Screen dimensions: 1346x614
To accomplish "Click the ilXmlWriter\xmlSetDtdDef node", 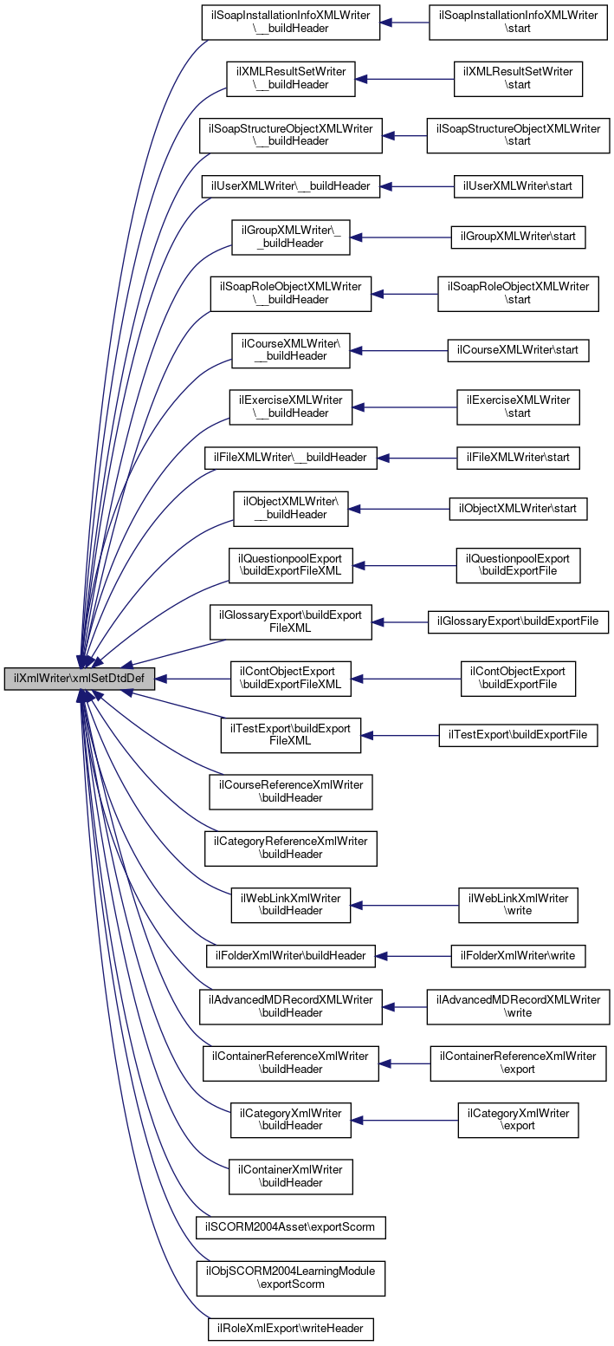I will [80, 679].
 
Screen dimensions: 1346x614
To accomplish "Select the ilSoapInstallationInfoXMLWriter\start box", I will [518, 22].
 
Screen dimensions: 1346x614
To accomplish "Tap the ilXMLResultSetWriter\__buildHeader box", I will [290, 78].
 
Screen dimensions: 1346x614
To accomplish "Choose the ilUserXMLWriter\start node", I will [518, 185].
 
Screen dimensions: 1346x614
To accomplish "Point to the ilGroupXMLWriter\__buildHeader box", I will [290, 237].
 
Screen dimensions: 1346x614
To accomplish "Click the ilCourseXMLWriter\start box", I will [518, 350].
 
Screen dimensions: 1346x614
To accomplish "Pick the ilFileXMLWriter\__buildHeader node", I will [290, 457].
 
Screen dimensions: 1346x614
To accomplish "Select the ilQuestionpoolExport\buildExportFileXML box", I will [290, 565].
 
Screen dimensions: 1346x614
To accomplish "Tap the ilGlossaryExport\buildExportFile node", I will [518, 621].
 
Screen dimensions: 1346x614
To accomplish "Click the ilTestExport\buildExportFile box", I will [518, 735].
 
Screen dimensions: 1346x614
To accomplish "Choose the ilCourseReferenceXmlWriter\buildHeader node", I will [290, 792].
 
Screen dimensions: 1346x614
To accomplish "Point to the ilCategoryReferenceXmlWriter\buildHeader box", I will [290, 848].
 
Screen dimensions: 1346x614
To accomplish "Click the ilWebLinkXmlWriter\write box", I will [518, 905].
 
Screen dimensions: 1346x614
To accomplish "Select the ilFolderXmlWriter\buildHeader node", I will [290, 956].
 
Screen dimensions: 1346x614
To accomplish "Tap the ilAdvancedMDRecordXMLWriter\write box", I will [518, 1006].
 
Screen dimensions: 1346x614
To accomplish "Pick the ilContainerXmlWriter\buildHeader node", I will [290, 1176].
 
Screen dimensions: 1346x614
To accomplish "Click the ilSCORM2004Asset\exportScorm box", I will [290, 1227].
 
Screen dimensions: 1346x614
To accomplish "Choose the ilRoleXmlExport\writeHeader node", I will [290, 1329].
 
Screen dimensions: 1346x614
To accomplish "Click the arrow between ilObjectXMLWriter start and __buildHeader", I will [398, 509].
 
